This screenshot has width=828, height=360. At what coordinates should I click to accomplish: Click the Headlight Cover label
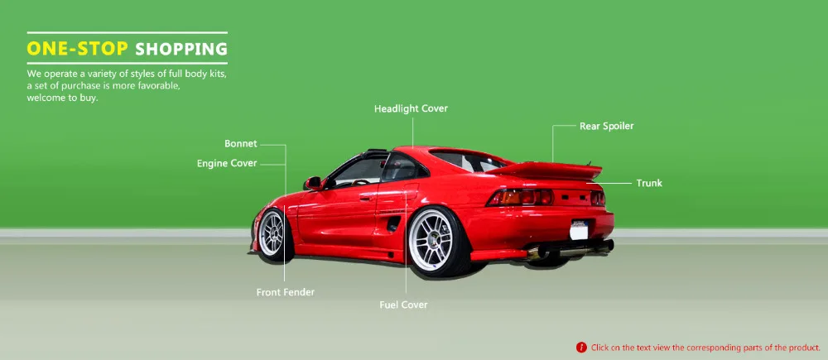(x=411, y=109)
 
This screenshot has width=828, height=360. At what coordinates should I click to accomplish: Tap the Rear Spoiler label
(x=606, y=127)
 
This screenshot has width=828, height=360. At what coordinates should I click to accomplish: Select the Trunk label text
(x=649, y=183)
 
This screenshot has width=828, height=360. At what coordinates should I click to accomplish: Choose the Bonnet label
(x=241, y=144)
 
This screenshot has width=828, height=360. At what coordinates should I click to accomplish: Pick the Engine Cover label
(x=227, y=164)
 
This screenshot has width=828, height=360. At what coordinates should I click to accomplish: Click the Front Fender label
(x=285, y=292)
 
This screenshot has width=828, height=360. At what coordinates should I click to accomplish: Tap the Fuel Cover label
(x=403, y=305)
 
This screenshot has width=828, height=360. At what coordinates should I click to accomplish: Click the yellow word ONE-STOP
(x=77, y=49)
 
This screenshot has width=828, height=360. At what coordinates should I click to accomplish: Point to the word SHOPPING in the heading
(x=181, y=49)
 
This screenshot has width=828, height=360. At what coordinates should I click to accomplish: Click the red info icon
(x=581, y=348)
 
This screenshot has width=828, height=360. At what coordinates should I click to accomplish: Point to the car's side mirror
(x=312, y=183)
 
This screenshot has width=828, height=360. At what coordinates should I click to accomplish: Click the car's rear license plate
(x=580, y=227)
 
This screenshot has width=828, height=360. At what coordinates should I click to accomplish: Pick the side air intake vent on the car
(x=392, y=223)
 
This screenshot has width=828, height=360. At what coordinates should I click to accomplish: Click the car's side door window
(x=359, y=172)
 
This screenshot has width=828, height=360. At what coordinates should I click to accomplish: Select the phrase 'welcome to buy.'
(x=62, y=97)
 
